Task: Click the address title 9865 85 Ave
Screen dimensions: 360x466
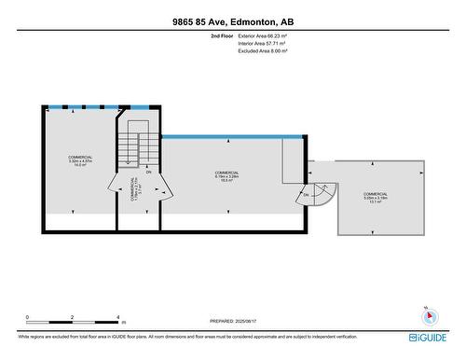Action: [232, 21]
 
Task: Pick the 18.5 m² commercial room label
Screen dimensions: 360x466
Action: [226, 177]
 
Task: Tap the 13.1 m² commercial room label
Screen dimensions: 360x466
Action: [375, 197]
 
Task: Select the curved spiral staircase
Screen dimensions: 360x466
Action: [322, 196]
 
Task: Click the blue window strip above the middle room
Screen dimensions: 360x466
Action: [232, 137]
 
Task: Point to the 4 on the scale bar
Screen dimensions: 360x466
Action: [117, 317]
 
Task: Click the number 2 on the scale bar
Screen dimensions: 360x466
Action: [73, 317]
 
